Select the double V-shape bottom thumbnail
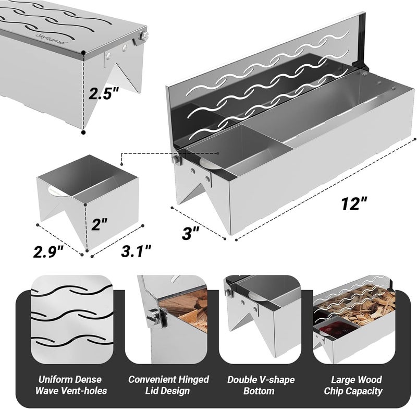pyautogui.click(x=263, y=319)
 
